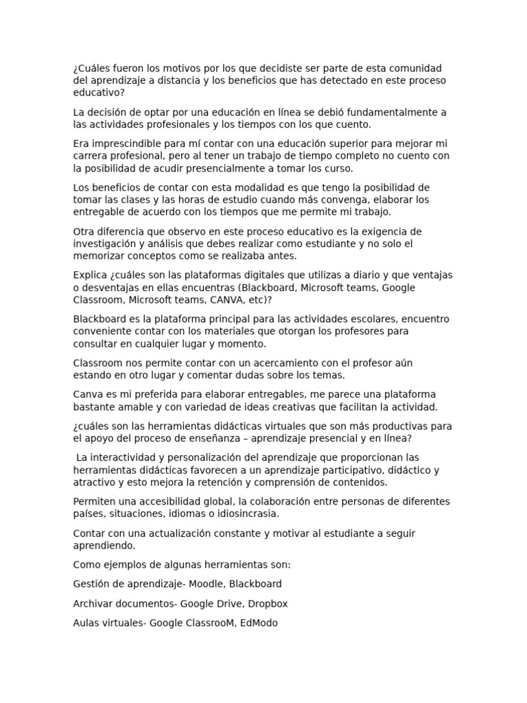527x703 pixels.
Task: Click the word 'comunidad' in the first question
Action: (419, 68)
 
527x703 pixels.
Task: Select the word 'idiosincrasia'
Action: (245, 514)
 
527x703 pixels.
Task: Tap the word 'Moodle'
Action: (205, 584)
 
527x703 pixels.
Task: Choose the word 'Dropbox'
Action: (268, 603)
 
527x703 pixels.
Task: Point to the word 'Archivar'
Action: (95, 603)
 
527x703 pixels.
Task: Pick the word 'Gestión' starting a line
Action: (91, 584)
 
